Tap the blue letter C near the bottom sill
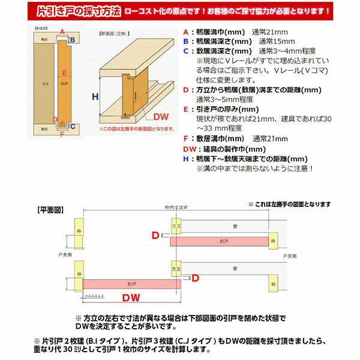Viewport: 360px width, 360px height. tap(73, 126)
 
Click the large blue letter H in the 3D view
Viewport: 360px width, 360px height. tap(95, 96)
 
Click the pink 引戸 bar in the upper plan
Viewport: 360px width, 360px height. tap(219, 241)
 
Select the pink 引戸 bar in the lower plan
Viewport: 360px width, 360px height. tap(131, 283)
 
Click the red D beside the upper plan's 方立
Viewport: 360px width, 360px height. tap(155, 236)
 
